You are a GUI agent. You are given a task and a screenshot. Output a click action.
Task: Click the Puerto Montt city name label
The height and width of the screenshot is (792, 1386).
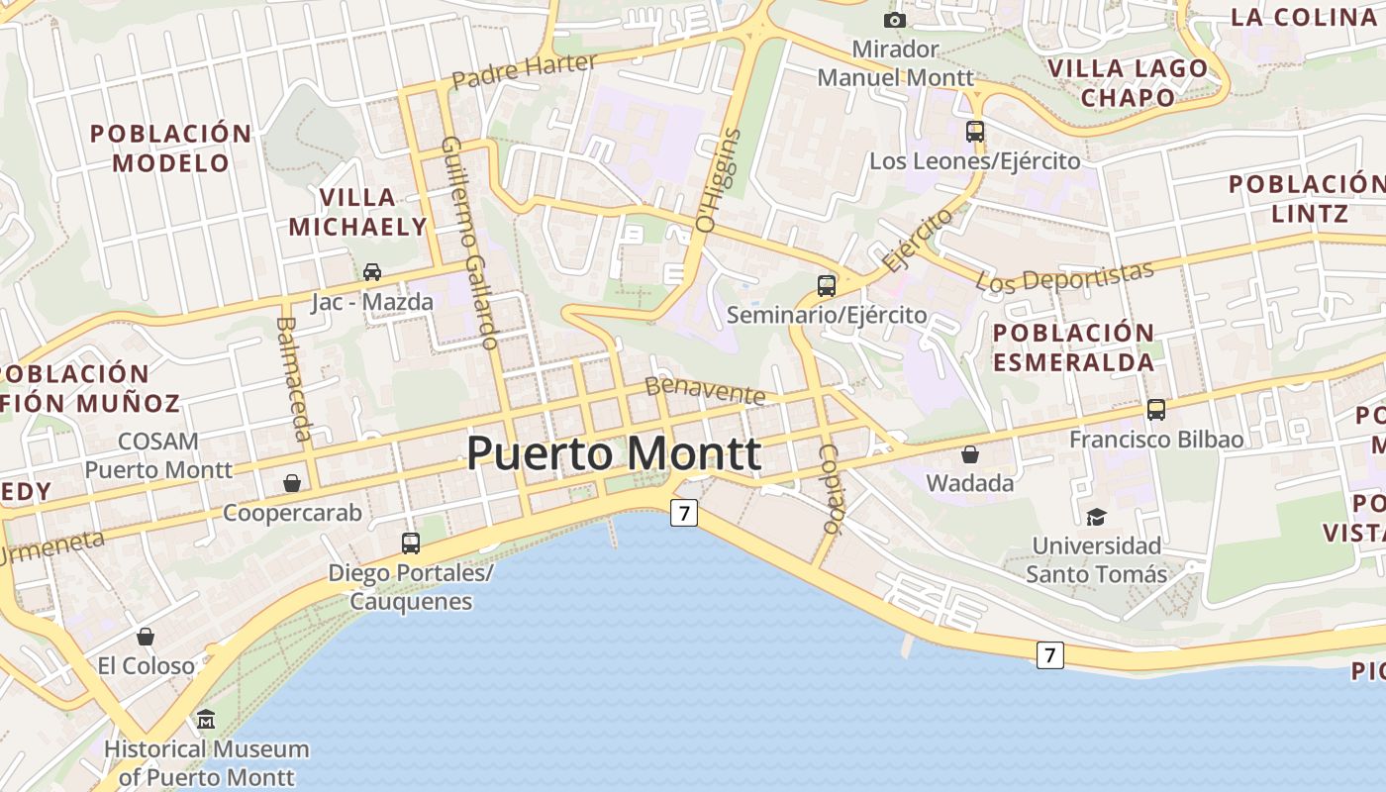coord(614,454)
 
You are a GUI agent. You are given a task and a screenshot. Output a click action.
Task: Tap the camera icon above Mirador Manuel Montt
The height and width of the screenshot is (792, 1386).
coord(894,20)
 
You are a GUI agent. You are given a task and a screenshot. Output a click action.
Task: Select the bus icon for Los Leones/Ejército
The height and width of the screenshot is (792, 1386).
coord(975,131)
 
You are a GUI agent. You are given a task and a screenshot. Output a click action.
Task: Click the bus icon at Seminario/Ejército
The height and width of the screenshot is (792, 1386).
coord(827,286)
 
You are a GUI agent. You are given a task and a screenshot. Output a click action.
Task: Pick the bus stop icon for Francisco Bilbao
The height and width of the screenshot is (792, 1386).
coord(1155,409)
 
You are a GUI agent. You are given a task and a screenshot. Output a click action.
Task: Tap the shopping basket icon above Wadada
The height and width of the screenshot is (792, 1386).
coord(970,454)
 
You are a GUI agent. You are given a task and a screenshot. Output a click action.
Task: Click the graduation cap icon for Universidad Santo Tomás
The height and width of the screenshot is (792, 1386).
coord(1096,517)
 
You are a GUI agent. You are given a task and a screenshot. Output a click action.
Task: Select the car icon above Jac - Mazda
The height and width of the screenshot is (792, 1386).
coord(372,271)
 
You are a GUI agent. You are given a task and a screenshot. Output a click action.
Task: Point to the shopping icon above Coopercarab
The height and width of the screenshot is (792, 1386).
coord(292,483)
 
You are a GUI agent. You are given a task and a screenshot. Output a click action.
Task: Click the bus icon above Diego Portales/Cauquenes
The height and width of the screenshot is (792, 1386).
coord(411,543)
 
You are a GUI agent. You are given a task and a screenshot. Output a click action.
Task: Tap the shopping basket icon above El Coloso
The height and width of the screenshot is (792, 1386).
coord(146,637)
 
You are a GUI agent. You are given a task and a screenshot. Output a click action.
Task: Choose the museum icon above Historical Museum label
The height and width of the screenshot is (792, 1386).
coord(206,720)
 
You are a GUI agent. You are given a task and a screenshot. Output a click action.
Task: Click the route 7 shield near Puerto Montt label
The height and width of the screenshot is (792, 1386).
coord(684,513)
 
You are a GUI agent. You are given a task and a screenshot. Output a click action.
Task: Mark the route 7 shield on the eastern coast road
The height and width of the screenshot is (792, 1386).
coord(1050,654)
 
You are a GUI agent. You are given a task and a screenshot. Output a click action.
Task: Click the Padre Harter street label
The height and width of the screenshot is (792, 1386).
coord(524,71)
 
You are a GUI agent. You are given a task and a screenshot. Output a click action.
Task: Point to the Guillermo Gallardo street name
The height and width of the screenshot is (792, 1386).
coord(468,244)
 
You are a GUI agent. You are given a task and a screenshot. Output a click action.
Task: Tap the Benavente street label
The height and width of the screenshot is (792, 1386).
coord(705,390)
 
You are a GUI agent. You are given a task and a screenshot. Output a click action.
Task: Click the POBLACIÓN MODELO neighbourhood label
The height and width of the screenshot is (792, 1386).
coord(171,148)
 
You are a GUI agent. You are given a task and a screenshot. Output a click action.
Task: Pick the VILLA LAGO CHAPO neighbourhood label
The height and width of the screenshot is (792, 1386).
coord(1128,82)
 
